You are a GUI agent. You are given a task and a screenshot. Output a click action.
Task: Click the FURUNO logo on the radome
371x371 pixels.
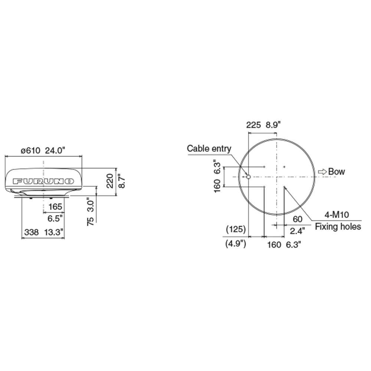pos(43,181)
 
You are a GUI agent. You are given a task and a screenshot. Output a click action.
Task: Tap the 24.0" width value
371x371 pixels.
pos(55,151)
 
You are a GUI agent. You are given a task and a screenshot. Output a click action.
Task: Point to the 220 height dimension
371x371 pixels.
pos(110,181)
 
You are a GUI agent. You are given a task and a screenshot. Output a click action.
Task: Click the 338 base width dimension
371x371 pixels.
pos(31,232)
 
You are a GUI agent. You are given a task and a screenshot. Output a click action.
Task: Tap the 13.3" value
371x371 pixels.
pos(54,232)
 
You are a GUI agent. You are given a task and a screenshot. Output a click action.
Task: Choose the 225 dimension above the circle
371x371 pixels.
pos(254,125)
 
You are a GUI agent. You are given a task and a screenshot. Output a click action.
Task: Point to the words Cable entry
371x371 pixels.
pos(209,149)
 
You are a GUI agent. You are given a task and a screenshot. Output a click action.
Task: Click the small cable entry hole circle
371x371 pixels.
pos(249,177)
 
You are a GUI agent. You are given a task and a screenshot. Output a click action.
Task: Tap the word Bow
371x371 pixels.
pos(336,171)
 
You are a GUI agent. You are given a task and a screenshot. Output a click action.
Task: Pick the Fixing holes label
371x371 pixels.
pos(338,227)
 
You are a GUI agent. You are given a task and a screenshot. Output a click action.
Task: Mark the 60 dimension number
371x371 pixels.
pos(298,220)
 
